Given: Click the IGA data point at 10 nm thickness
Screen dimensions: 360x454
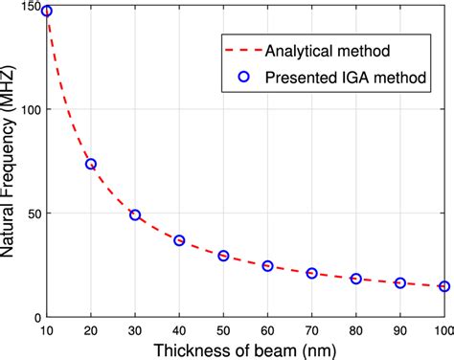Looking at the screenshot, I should pos(48,11).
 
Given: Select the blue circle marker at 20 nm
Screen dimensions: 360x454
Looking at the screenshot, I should pos(91,164).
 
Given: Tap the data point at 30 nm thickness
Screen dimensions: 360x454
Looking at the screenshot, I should pos(135,214).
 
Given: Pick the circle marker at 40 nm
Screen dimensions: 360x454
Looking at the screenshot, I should pos(179,240).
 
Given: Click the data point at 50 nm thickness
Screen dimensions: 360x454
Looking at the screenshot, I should pos(223,256).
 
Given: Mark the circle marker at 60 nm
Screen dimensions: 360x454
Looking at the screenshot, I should pos(267,265).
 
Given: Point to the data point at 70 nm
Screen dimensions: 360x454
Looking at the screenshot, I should pos(311,273).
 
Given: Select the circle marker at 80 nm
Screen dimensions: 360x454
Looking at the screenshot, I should pos(355,279).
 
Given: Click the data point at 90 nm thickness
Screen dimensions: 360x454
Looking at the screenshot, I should pos(399,282).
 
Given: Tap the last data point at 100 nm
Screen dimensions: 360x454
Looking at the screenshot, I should pos(443,286).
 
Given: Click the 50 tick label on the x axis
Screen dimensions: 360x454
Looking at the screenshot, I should pos(223,331).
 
